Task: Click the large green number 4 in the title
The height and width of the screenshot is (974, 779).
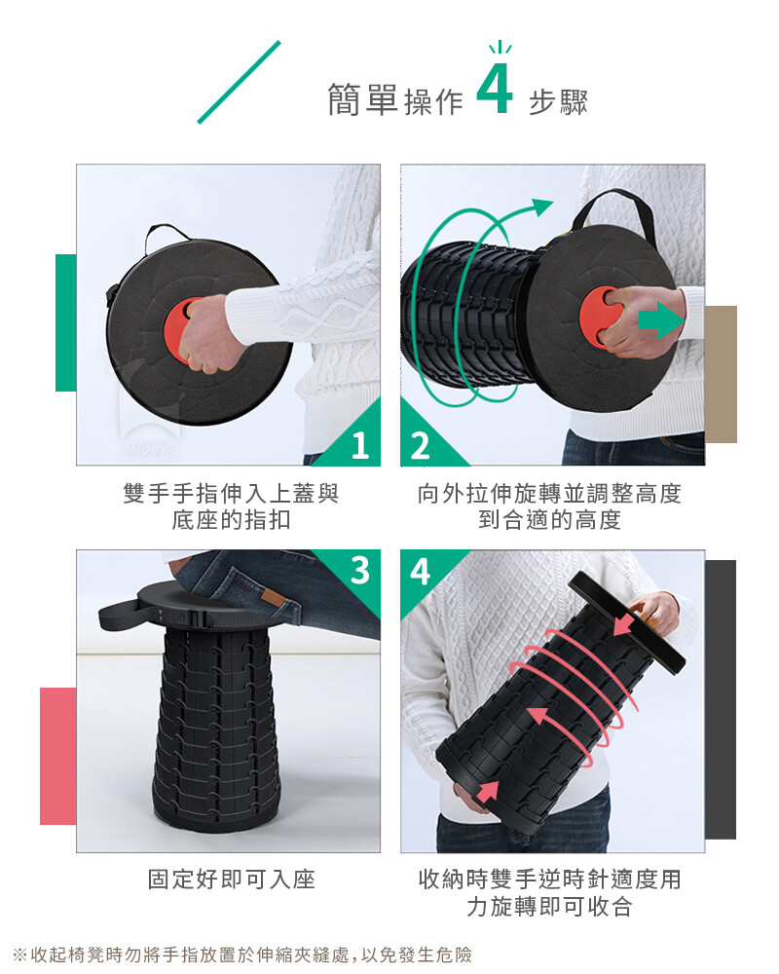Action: coord(495,89)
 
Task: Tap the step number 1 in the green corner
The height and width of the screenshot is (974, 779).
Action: coord(360,445)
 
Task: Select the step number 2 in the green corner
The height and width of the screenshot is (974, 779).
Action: coord(420,446)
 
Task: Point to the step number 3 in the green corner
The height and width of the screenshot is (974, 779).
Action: coord(359,570)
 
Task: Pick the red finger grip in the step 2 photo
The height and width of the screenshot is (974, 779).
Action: coord(595,318)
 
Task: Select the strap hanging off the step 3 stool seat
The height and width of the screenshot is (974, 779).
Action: coord(121,615)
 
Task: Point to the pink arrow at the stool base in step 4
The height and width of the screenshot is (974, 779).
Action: coord(488,791)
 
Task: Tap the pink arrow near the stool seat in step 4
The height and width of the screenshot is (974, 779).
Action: coord(625,623)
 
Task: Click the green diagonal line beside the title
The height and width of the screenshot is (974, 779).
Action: coord(240,82)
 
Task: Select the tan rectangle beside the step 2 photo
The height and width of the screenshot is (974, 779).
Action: coord(721,374)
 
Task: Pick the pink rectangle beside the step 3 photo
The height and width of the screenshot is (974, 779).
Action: coord(58,756)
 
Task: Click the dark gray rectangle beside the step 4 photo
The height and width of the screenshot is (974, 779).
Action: coord(721,699)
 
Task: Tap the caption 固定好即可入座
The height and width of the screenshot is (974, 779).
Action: coord(231,880)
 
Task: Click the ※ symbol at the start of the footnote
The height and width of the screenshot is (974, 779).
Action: coord(19,955)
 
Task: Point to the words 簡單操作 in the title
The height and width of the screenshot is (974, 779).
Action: coord(395,100)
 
